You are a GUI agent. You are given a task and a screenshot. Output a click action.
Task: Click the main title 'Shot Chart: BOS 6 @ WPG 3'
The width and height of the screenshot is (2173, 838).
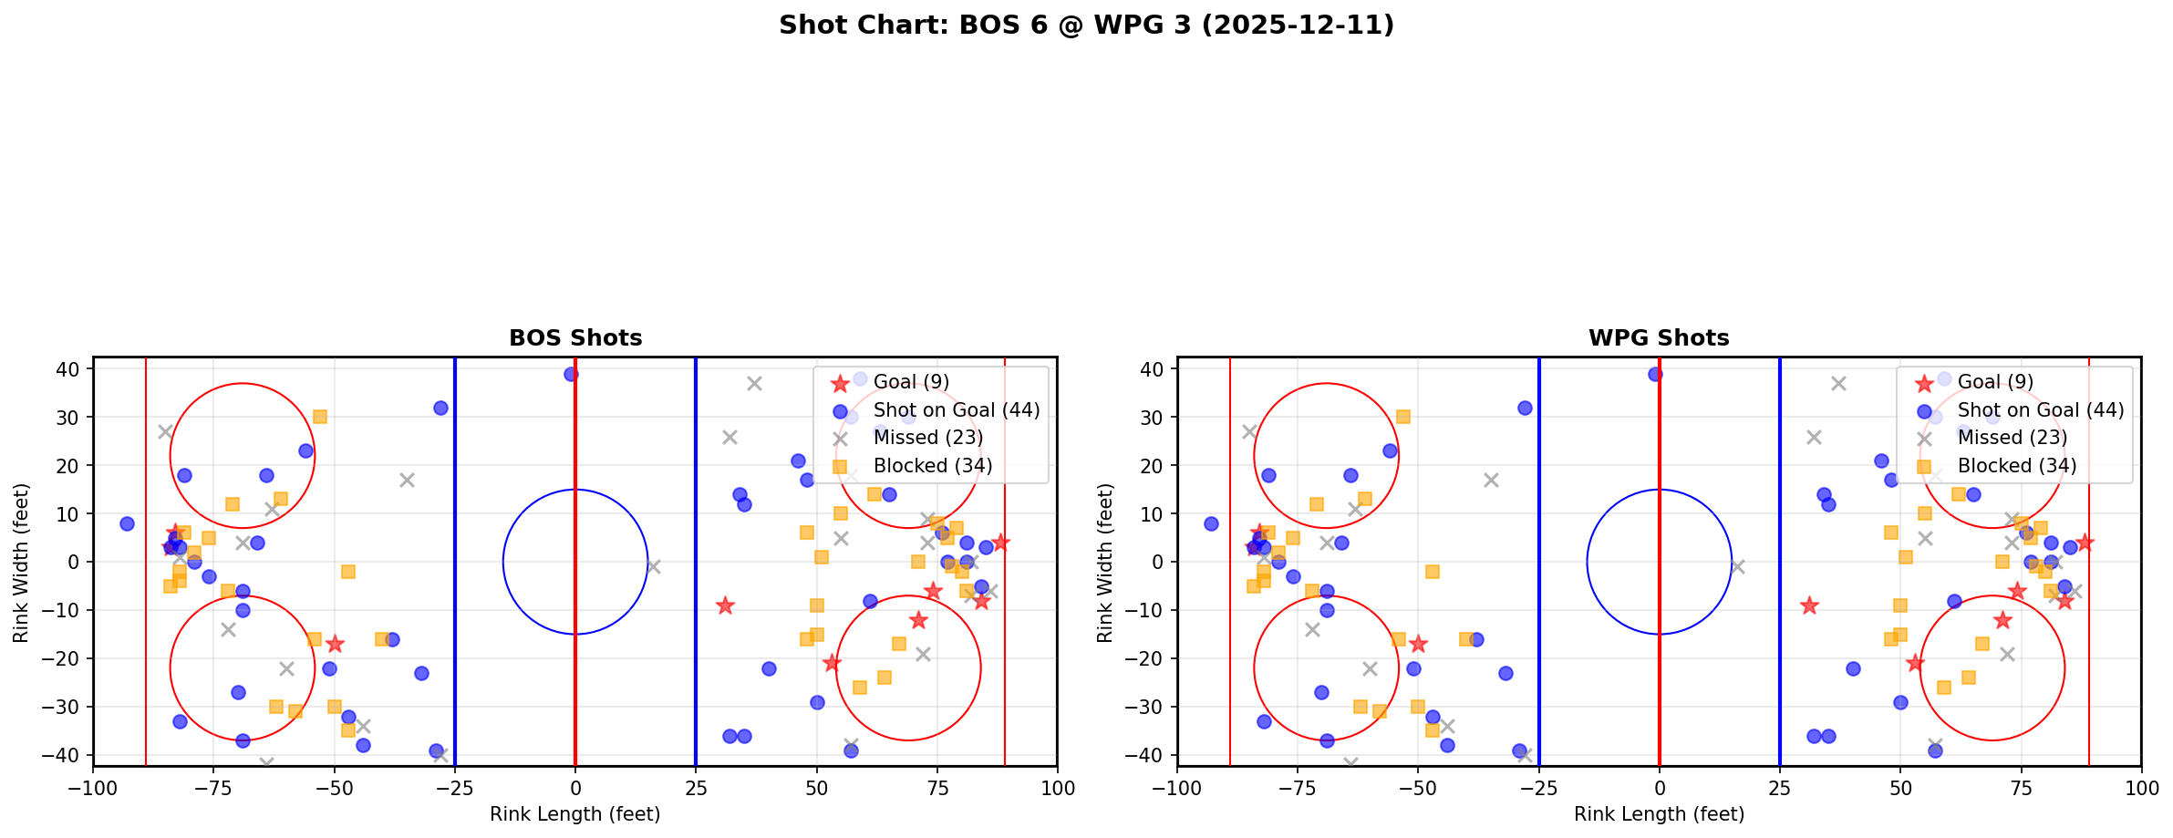click(1086, 25)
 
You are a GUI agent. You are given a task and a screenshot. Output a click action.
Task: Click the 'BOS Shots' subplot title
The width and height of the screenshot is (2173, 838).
click(575, 338)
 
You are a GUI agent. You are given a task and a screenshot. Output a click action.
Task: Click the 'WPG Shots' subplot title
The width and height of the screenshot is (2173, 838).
click(1659, 338)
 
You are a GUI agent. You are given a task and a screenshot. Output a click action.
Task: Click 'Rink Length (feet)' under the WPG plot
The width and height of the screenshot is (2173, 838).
click(1659, 814)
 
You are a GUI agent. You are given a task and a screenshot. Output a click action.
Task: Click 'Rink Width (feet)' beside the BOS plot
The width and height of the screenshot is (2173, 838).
click(21, 562)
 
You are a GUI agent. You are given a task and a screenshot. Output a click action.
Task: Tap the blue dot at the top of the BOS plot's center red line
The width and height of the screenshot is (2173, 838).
click(571, 374)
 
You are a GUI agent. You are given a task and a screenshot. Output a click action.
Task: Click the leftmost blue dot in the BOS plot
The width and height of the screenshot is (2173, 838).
click(127, 523)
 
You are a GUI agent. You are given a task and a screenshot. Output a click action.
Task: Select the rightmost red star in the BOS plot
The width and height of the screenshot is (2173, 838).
click(1000, 543)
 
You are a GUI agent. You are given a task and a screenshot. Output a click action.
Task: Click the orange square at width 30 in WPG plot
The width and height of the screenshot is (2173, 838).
click(1403, 417)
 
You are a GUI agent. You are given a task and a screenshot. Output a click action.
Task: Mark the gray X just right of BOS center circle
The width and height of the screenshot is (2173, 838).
click(653, 566)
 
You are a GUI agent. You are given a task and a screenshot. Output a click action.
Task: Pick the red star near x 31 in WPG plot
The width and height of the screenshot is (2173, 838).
click(1809, 605)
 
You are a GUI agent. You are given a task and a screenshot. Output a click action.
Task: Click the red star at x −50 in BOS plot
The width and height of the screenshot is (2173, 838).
click(335, 644)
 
